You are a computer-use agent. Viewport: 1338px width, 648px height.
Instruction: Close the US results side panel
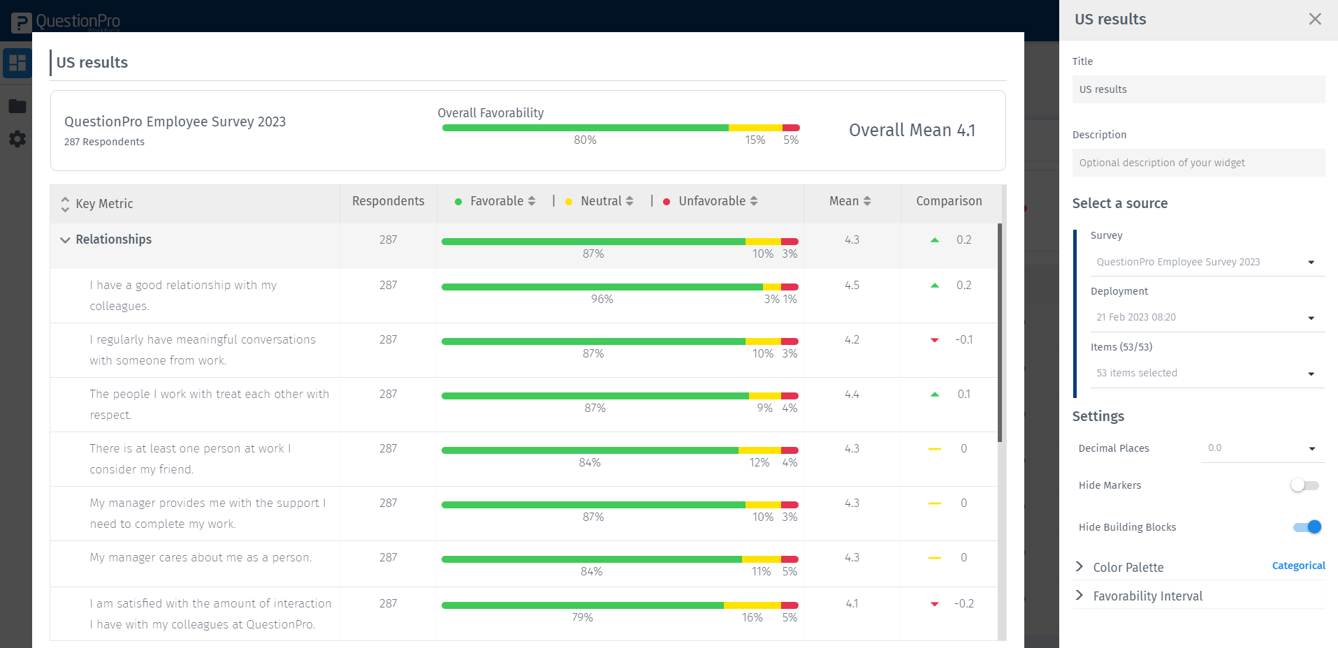[1315, 19]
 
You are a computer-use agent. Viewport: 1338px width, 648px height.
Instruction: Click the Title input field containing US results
[1198, 89]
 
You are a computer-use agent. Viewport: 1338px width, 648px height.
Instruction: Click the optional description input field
[1198, 163]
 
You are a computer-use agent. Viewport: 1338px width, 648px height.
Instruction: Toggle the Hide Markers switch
[1304, 485]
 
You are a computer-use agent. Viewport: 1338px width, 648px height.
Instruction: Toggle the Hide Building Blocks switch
[1307, 527]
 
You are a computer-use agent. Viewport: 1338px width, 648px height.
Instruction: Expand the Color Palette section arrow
[1079, 566]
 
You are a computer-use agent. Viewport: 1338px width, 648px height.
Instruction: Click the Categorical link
[1298, 566]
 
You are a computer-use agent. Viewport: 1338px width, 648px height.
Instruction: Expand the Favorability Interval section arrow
[1079, 595]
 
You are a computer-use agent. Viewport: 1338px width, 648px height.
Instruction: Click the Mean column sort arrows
[867, 201]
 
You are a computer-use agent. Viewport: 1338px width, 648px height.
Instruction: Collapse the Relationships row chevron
[65, 240]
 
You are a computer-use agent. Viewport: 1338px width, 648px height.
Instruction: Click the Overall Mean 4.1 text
[912, 131]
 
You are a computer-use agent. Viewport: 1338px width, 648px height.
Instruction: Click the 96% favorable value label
[602, 300]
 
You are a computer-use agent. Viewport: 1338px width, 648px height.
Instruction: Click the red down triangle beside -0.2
[935, 604]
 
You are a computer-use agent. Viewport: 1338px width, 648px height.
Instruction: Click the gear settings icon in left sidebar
[17, 139]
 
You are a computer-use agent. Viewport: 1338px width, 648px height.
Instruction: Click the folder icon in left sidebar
[17, 106]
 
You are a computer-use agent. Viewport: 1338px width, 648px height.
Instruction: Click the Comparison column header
[949, 201]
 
